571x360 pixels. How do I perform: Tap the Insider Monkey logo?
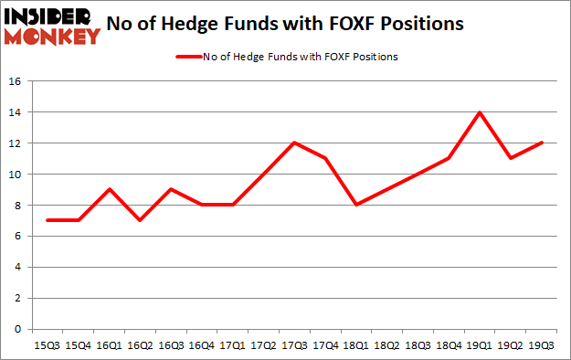point(51,25)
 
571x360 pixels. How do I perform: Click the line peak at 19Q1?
point(478,112)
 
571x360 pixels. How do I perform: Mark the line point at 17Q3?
point(294,143)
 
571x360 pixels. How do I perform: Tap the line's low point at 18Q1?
point(355,205)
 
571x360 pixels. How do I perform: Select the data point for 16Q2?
point(141,220)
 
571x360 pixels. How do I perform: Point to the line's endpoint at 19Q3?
point(539,143)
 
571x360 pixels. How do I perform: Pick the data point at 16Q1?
point(111,189)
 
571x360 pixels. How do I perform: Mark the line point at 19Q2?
point(509,159)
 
